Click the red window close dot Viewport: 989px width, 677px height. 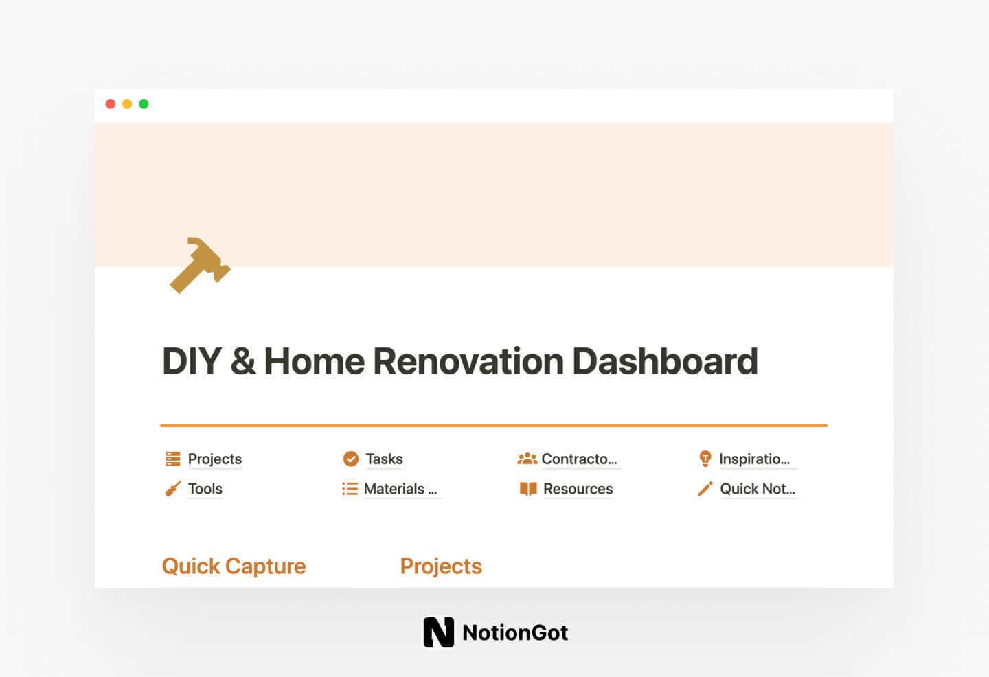click(x=110, y=104)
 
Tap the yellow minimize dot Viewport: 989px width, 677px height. click(x=127, y=104)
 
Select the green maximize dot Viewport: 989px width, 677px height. click(x=144, y=104)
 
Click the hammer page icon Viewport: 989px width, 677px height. click(x=199, y=266)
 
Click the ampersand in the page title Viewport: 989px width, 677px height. click(x=242, y=361)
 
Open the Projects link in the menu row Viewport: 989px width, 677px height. click(x=214, y=459)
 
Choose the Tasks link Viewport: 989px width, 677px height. click(x=384, y=459)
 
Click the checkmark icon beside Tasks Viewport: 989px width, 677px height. click(x=350, y=459)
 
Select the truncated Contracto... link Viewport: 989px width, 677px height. click(x=579, y=459)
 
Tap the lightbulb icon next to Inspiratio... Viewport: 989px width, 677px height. click(x=705, y=459)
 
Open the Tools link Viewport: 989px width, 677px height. click(x=205, y=489)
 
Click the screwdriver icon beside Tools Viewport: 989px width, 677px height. click(x=172, y=489)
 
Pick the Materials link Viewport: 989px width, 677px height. click(x=400, y=489)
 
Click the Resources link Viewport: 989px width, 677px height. click(x=578, y=489)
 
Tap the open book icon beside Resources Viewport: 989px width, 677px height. click(x=528, y=489)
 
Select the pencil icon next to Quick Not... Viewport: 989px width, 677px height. click(x=705, y=489)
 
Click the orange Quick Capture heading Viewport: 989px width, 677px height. click(x=234, y=566)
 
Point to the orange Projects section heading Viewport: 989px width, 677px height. click(x=441, y=566)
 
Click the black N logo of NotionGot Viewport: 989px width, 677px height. click(x=438, y=632)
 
